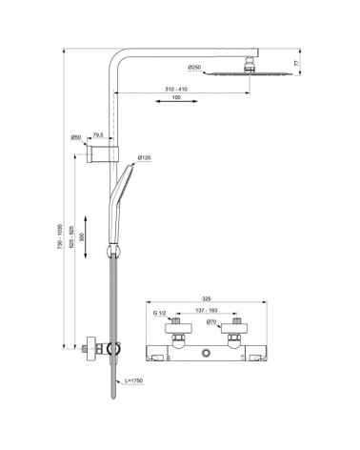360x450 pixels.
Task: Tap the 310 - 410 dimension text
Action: (x=170, y=90)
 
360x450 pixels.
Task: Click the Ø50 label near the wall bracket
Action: (x=76, y=138)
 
